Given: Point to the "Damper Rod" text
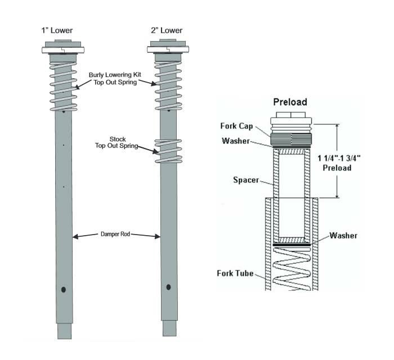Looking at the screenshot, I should tap(115, 233).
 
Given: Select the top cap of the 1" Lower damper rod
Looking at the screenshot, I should tap(64, 48).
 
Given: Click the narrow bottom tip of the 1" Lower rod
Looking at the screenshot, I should tap(65, 330).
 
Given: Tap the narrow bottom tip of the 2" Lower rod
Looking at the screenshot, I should tap(169, 328).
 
